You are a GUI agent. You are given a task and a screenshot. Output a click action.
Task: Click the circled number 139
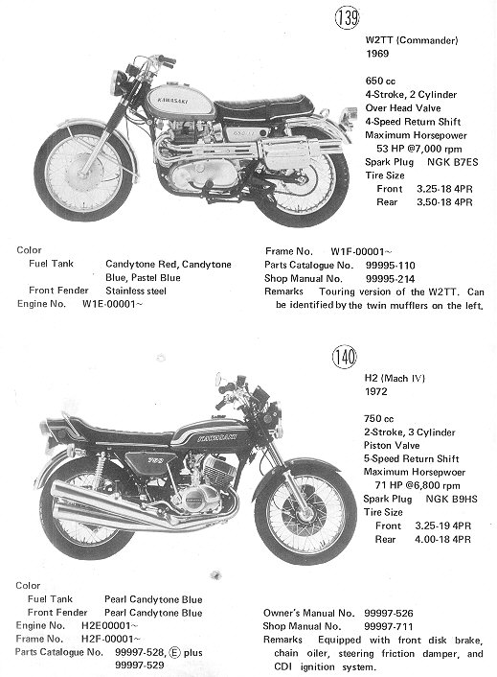pos(347,17)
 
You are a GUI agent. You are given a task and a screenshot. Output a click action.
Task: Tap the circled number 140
pos(345,357)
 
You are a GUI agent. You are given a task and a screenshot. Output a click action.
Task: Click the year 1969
pos(377,54)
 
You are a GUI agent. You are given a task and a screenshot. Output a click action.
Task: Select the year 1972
pos(376,391)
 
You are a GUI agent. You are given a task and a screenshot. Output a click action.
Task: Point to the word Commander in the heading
pos(427,40)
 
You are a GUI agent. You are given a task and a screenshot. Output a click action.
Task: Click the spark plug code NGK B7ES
pos(453,162)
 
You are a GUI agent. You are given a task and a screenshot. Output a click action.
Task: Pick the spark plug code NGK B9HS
pos(451,499)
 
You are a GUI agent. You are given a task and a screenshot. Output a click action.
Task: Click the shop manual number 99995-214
pos(390,278)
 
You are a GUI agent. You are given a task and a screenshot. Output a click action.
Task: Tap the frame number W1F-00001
pos(361,251)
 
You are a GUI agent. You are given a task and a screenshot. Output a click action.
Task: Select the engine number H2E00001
pos(109,625)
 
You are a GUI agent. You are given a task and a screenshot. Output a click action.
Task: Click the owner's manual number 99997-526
pos(389,613)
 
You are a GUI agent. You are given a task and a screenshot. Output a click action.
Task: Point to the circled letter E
pos(174,652)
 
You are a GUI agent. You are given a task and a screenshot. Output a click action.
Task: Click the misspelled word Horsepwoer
pos(440,472)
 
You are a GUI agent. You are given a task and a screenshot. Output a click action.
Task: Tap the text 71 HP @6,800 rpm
pos(418,485)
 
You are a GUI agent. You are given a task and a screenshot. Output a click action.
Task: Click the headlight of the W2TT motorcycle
pos(116,82)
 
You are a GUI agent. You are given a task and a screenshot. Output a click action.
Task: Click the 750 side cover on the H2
pos(150,461)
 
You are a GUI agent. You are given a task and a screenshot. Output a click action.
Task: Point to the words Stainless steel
pos(136,291)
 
